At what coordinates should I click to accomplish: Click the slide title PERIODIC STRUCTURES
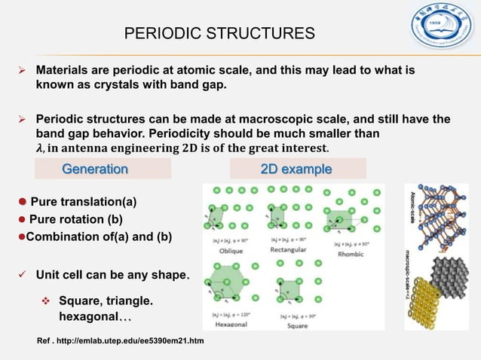[x=219, y=34]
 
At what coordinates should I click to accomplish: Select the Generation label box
[x=95, y=169]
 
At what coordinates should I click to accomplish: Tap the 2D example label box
[x=296, y=169]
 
